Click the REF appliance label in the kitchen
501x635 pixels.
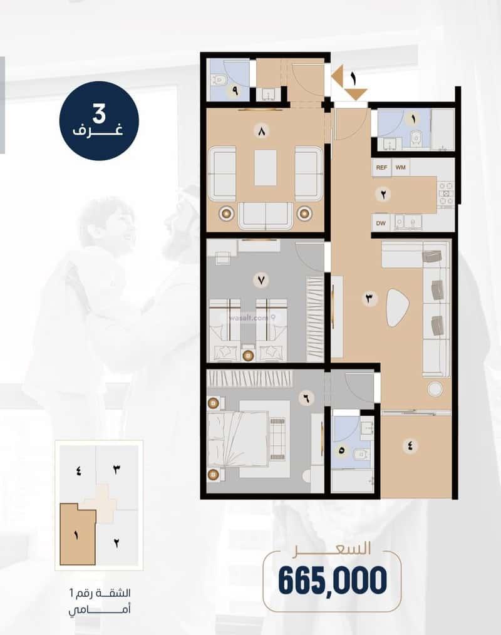coord(381,167)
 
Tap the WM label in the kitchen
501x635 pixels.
coord(401,167)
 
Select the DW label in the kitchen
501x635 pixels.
coord(381,223)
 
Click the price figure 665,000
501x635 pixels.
coord(333,580)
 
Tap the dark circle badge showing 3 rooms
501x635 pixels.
coord(99,121)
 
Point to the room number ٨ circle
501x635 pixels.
coord(262,132)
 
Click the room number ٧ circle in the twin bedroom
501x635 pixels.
coord(261,280)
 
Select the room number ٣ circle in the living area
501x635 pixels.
coord(369,299)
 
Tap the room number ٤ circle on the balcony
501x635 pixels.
coord(410,446)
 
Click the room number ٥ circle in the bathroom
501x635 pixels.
coord(341,450)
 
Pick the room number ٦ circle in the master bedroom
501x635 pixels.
coord(306,398)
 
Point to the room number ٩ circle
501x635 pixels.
coord(235,91)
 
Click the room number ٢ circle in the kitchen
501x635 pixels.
coord(383,194)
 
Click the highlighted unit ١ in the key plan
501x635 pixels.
coord(78,535)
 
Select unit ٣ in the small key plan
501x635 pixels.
coord(117,470)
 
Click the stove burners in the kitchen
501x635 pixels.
coord(446,194)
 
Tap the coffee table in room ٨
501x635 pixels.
coord(266,168)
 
